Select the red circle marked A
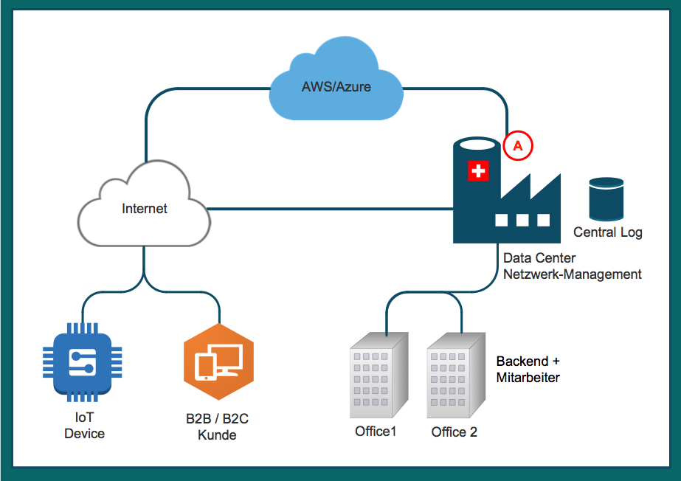tap(518, 146)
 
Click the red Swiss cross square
tap(478, 172)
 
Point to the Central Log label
tap(608, 232)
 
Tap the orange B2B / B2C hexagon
tap(218, 361)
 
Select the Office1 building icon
tap(378, 374)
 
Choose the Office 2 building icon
tap(455, 374)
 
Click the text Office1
tap(376, 431)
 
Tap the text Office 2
tap(454, 432)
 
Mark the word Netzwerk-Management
tap(573, 274)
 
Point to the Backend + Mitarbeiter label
tap(528, 370)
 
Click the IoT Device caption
tap(84, 426)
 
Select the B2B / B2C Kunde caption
tap(217, 427)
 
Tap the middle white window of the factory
tap(523, 219)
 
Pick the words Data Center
tap(539, 259)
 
